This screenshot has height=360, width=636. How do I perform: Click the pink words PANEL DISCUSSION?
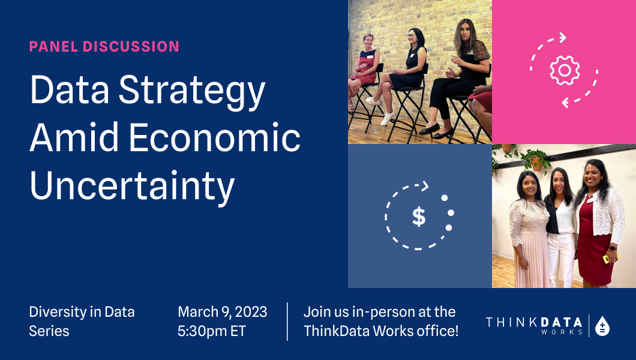point(104,46)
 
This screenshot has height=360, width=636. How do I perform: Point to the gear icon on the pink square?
point(564,71)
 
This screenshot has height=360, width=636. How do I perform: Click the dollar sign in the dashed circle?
point(419,217)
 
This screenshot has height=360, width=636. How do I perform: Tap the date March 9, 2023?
point(222,312)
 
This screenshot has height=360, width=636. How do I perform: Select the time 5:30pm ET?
point(211,331)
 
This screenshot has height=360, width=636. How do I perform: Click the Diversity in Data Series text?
point(82,321)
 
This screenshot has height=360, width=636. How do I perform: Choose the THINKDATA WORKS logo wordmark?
point(534,325)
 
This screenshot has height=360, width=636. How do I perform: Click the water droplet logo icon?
point(602,326)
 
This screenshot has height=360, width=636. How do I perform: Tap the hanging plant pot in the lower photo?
point(536,163)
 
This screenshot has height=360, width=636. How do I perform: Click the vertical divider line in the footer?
point(287,322)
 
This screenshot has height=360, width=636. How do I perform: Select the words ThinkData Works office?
point(381,331)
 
